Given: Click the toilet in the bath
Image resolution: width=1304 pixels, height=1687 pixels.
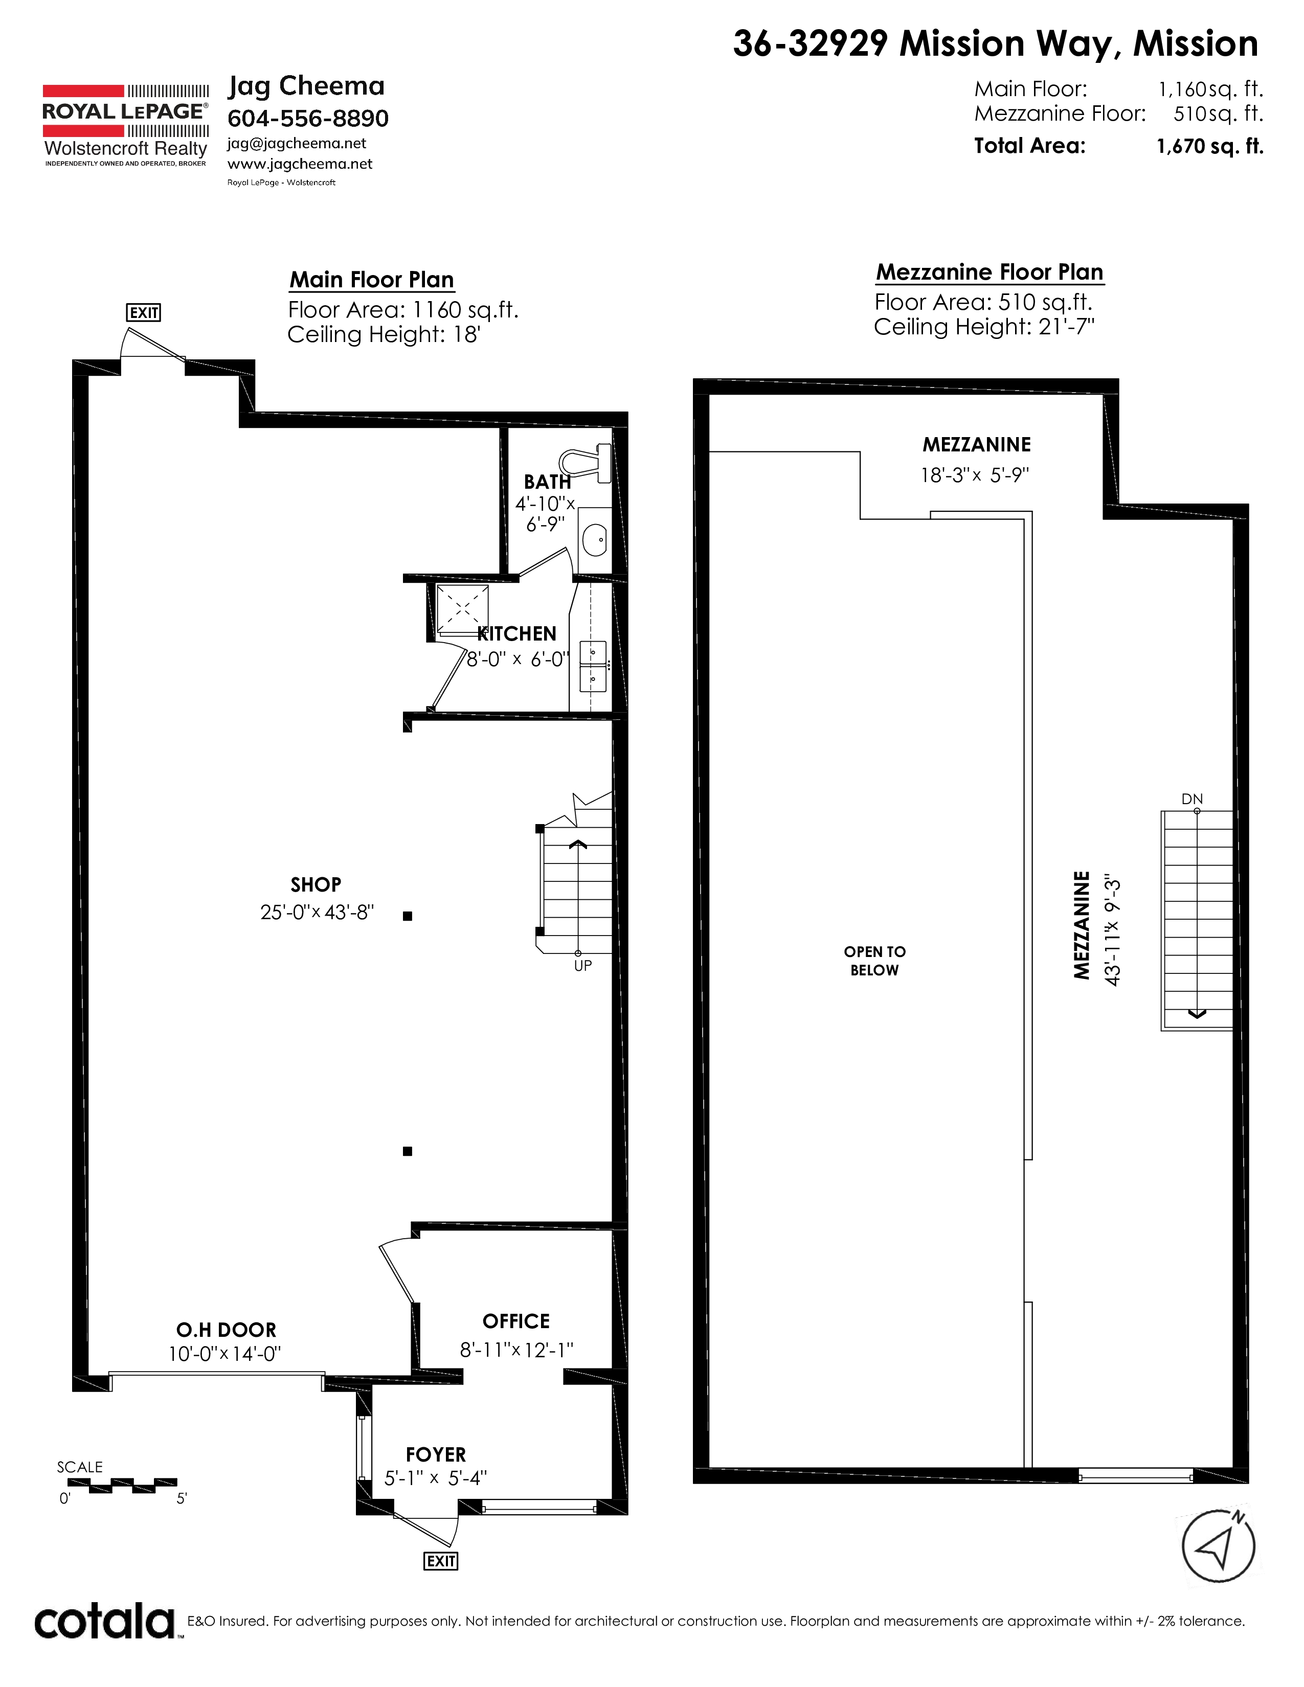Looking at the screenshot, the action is pyautogui.click(x=586, y=461).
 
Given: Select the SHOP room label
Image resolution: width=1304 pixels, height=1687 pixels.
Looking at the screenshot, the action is pyautogui.click(x=316, y=884).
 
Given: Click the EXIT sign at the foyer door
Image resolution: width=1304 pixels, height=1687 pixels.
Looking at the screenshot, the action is pyautogui.click(x=441, y=1561).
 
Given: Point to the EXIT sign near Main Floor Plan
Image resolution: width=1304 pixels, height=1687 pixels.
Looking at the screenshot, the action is pyautogui.click(x=144, y=313).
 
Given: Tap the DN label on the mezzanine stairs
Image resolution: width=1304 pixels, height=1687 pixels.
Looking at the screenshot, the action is pyautogui.click(x=1192, y=799).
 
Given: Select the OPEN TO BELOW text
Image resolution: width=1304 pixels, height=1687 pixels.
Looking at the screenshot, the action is pyautogui.click(x=874, y=961).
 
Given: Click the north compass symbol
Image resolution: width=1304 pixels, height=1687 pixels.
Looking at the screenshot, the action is pyautogui.click(x=1219, y=1545).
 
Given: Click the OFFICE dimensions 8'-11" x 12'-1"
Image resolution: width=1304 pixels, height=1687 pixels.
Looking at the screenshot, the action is pyautogui.click(x=516, y=1350).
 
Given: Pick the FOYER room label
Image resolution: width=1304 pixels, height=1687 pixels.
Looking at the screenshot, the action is pyautogui.click(x=436, y=1454).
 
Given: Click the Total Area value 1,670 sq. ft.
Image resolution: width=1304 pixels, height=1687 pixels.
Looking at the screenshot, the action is pyautogui.click(x=1210, y=146).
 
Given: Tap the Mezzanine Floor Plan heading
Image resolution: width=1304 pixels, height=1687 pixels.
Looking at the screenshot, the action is pyautogui.click(x=990, y=272).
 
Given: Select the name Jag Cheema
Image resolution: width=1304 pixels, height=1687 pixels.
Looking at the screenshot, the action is pyautogui.click(x=306, y=86).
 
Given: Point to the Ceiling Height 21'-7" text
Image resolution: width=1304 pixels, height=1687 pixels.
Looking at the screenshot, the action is pyautogui.click(x=984, y=327).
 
